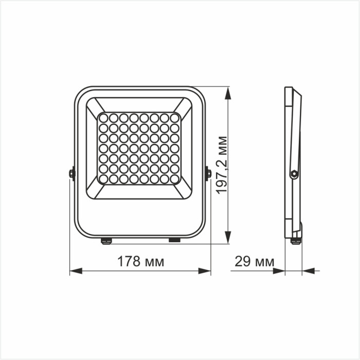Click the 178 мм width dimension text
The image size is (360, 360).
pyautogui.click(x=140, y=261)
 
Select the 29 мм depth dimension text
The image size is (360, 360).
pyautogui.click(x=254, y=261)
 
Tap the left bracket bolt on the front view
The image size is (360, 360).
pyautogui.click(x=72, y=173)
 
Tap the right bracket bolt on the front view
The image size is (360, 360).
pyautogui.click(x=208, y=173)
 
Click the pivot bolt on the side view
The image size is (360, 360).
pyautogui.click(x=294, y=174)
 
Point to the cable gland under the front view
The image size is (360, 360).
pyautogui.click(x=106, y=240)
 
